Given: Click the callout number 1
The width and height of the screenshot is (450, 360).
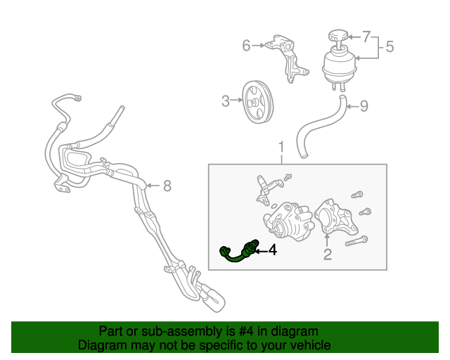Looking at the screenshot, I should (x=281, y=148).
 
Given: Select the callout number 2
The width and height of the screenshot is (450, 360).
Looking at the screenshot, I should (x=327, y=254).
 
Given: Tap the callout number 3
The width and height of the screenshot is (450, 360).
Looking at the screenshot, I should (x=226, y=101).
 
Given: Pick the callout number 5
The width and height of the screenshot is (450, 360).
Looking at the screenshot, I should (x=389, y=47).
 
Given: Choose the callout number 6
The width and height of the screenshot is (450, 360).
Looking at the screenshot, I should (x=246, y=46).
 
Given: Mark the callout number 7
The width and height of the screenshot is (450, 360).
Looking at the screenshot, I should (x=366, y=35).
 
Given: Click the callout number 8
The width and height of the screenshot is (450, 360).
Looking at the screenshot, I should (x=167, y=186).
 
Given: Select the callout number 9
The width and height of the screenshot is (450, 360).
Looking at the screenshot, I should (x=364, y=107).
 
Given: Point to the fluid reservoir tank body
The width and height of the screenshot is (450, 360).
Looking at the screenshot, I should (x=338, y=67).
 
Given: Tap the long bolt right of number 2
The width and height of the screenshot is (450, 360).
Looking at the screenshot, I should (x=356, y=240).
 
